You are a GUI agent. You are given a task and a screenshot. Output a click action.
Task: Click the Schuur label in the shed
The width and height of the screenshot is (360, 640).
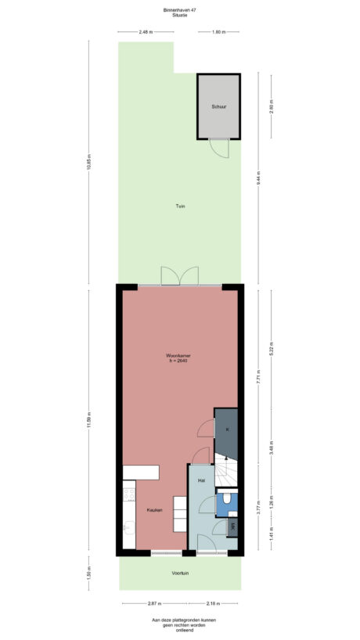coord(218,106)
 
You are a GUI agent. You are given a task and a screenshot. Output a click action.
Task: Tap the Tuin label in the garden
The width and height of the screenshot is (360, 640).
coord(180,206)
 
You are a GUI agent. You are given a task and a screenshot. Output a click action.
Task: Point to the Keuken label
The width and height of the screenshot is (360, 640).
coord(154,510)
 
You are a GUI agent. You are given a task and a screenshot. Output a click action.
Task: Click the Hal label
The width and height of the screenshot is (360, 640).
coord(201,480)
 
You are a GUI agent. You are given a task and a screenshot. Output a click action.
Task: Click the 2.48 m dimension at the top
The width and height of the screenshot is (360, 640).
coord(145,32)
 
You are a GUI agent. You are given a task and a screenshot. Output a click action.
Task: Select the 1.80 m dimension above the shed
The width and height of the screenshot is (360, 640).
coord(218,32)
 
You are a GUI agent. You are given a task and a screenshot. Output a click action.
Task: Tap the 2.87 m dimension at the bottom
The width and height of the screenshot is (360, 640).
coord(153,603)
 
